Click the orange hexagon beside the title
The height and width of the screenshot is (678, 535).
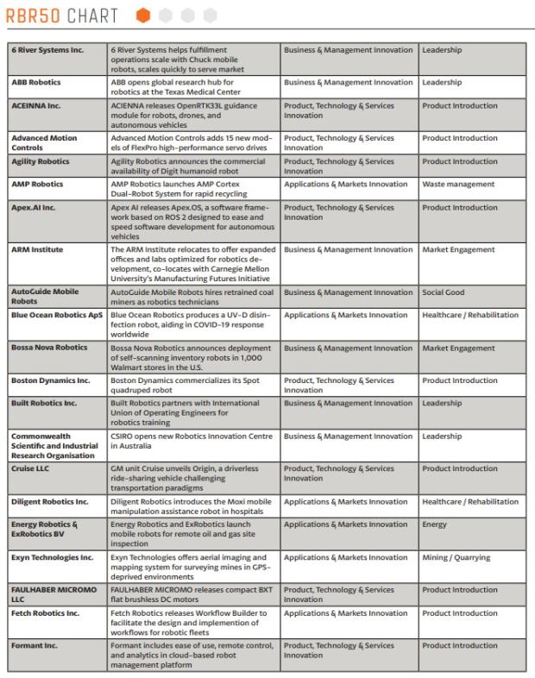point(142,16)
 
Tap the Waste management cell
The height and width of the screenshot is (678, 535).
point(458,184)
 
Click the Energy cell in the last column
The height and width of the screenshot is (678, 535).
point(434,524)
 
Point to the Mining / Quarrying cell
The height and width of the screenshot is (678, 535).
point(454,557)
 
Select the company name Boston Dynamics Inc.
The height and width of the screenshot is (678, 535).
point(50,380)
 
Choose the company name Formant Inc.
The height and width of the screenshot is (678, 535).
point(35,646)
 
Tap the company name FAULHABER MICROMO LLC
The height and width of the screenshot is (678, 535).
point(53,595)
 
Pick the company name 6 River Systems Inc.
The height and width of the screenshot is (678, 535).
point(47,50)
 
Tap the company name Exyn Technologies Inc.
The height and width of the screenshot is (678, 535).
point(52,557)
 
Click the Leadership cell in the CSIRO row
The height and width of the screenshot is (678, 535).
point(442,436)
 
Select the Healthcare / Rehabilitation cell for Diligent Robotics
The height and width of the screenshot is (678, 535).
point(470,502)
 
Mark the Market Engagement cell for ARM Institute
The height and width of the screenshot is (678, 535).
point(458,250)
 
